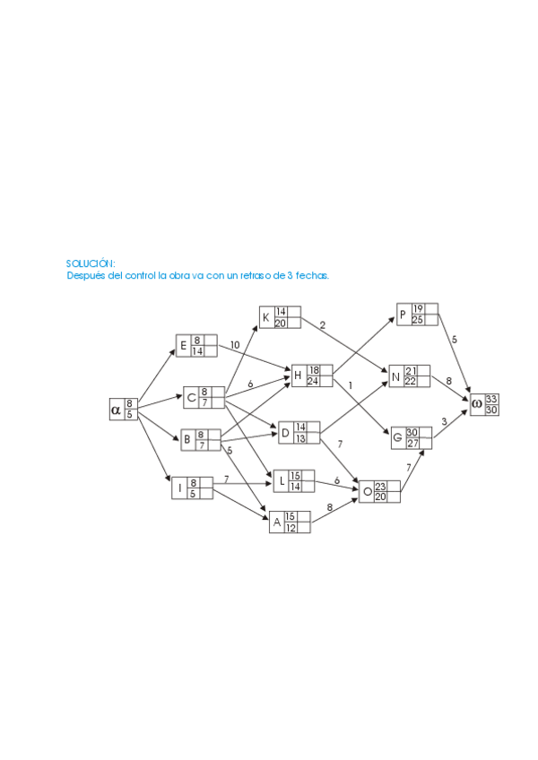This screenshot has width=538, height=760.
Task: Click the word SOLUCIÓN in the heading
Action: click(x=91, y=263)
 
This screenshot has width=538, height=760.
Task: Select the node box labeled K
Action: click(x=280, y=317)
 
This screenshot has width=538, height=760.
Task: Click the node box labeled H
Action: click(x=312, y=375)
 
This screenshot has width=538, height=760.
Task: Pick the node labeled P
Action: click(x=418, y=315)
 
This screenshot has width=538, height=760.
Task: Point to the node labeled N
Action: click(x=410, y=376)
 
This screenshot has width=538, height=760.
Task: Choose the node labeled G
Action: click(x=411, y=437)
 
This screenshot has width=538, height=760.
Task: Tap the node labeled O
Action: click(x=380, y=491)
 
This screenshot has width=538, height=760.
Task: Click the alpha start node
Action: click(x=123, y=409)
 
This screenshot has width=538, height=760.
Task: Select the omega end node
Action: click(x=484, y=404)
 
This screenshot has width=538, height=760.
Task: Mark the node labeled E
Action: click(x=196, y=345)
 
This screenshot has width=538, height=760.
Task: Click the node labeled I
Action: click(x=193, y=488)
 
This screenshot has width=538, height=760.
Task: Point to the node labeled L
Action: click(x=293, y=480)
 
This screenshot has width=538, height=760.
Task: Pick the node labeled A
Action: click(x=290, y=522)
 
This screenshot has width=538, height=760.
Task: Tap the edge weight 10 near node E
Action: click(x=235, y=345)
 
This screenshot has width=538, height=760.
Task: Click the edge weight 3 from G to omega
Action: click(x=444, y=421)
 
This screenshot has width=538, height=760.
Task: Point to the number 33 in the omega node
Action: click(x=491, y=399)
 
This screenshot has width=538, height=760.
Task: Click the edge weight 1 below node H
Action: click(x=351, y=385)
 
